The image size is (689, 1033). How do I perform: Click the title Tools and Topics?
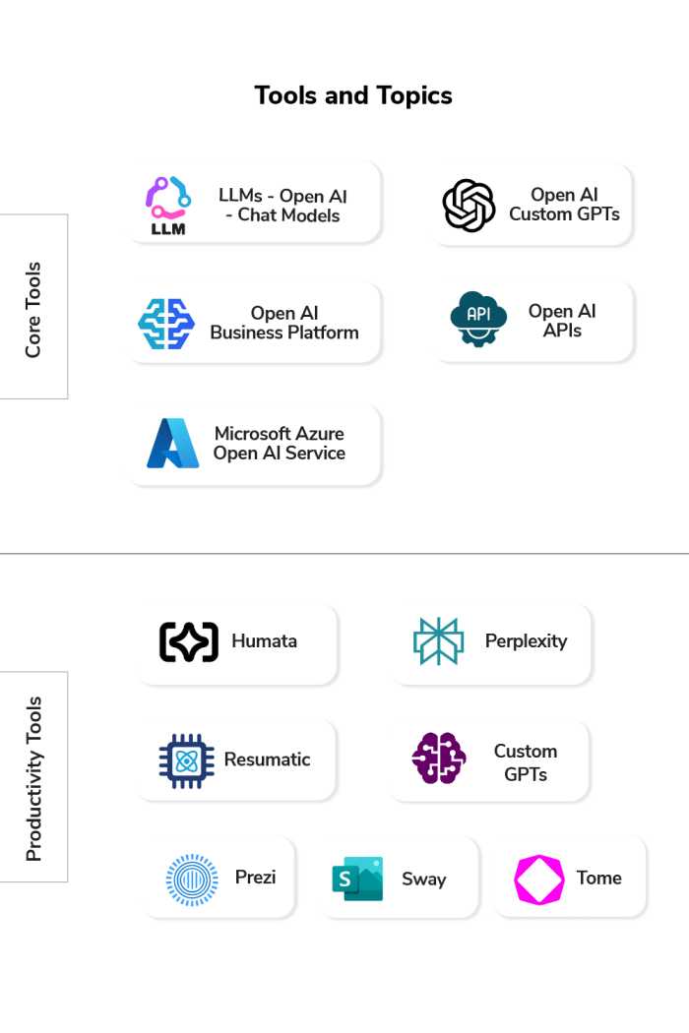pos(353,95)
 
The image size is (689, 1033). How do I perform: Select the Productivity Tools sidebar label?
pos(33,778)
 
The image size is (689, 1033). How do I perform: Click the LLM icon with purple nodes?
pos(167,205)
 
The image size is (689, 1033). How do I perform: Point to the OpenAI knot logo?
pos(469,206)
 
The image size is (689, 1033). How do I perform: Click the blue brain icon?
pos(166,324)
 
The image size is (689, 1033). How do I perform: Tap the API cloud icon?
pos(478,319)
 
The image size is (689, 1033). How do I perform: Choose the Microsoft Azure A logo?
pos(173,444)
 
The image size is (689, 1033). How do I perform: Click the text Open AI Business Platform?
pos(283,323)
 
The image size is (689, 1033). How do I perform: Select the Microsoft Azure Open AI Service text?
pos(280,444)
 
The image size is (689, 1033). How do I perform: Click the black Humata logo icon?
pos(189,641)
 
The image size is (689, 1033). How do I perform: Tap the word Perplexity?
pos(526,641)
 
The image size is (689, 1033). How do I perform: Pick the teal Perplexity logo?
pos(438,641)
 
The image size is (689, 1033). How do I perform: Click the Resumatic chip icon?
pos(186,760)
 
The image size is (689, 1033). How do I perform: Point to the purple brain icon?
pos(439,759)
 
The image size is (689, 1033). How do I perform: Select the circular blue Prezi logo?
pos(192,880)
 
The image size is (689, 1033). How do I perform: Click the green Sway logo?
pos(357,879)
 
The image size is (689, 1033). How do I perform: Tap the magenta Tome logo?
pos(538,880)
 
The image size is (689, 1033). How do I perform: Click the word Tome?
pos(598,879)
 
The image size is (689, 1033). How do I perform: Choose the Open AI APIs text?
pos(562,321)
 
